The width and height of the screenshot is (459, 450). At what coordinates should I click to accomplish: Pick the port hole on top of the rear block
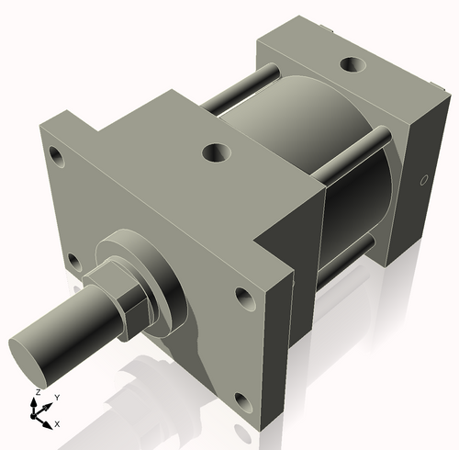point(353,66)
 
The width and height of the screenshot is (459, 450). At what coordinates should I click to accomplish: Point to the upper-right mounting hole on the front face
point(244,298)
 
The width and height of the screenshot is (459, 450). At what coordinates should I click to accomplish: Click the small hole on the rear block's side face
point(423,181)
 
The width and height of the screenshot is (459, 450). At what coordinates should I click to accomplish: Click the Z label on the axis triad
point(37,392)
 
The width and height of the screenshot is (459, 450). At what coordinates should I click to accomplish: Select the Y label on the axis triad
point(56,397)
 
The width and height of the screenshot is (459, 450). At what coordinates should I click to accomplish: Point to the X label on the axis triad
point(57,423)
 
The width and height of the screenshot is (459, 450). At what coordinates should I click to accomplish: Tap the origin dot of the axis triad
point(39,414)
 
